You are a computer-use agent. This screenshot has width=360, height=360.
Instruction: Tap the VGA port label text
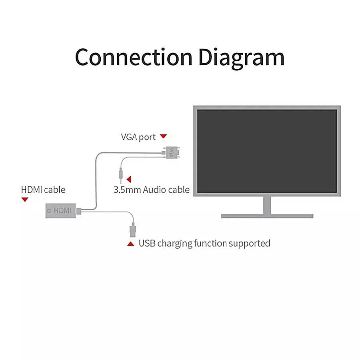pos(138,137)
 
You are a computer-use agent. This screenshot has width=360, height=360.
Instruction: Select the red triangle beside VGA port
pos(163,136)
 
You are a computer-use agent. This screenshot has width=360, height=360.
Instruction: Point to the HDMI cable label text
pos(43,189)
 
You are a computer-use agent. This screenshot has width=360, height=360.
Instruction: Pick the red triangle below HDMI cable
pos(25,199)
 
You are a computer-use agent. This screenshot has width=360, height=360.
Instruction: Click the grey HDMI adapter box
pos(60,210)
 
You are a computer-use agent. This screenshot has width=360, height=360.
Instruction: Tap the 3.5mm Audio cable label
pos(151,189)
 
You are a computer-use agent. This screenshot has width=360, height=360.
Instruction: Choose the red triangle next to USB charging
pos(130,243)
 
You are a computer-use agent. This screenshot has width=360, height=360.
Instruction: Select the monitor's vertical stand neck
pos(267,206)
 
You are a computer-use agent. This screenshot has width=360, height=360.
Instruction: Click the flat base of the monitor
pos(267,216)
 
